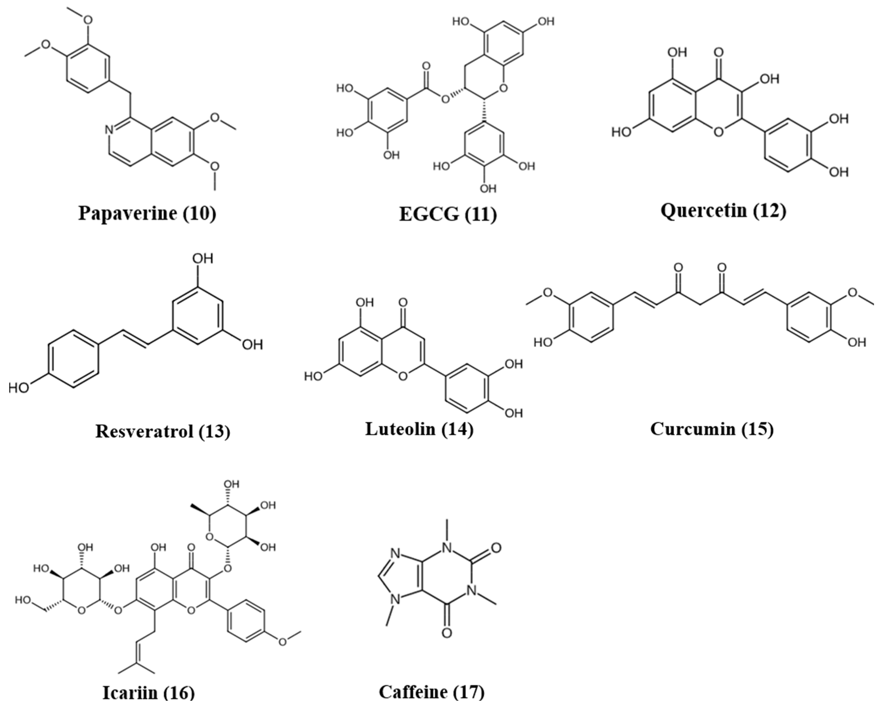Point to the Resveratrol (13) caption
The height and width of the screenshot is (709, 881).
click(163, 431)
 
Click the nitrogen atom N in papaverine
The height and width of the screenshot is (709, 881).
click(109, 130)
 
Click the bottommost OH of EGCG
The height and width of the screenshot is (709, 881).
click(488, 188)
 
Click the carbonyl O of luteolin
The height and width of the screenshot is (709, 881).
click(403, 302)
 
